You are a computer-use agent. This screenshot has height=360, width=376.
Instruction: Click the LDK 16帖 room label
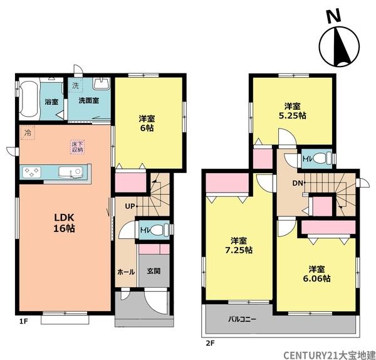[x=64, y=223]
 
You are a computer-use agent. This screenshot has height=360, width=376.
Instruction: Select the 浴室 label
[x=51, y=102]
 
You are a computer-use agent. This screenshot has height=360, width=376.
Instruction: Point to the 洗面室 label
[x=89, y=100]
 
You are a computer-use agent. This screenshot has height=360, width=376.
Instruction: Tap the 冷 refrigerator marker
[x=28, y=133]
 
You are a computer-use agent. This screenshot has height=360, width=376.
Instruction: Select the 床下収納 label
[x=77, y=147]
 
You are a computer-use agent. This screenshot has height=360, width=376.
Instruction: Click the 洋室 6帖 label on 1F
[x=147, y=124]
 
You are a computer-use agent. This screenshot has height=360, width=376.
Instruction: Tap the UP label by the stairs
[x=130, y=206]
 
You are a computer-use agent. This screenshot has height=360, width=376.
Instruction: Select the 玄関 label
[x=154, y=271]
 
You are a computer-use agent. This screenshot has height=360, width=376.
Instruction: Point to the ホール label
[x=126, y=272]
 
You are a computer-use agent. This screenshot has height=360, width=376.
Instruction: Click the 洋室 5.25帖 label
[x=293, y=111]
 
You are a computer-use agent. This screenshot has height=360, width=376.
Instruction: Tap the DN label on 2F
[x=298, y=183]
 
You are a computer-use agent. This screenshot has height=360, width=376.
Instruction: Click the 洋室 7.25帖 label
[x=239, y=245]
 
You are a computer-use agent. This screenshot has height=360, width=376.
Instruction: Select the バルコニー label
[x=242, y=319]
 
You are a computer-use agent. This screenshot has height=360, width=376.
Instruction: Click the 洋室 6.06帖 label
[x=316, y=274]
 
